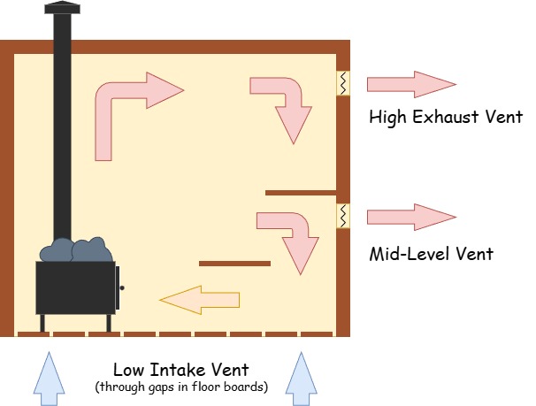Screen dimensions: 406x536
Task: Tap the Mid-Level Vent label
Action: pyautogui.click(x=431, y=255)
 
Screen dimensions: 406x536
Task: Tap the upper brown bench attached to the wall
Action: pyautogui.click(x=301, y=192)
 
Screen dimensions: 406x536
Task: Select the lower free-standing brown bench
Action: pyautogui.click(x=234, y=263)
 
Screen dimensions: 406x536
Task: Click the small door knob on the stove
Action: pyautogui.click(x=122, y=288)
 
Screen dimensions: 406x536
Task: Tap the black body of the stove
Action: pyautogui.click(x=75, y=288)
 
